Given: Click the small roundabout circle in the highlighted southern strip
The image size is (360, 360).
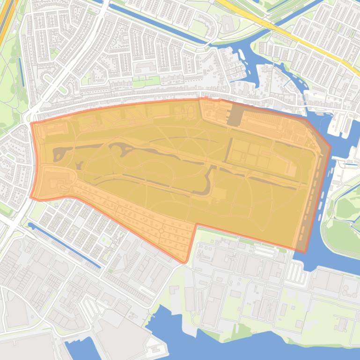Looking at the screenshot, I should (x=161, y=231).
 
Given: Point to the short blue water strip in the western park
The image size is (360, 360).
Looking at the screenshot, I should (x=21, y=72).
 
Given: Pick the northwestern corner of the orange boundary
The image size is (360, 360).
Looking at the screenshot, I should (x=32, y=123).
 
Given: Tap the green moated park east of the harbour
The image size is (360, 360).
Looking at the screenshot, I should (x=344, y=234).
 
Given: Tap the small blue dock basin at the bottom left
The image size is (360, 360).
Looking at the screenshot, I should (x=77, y=348).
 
